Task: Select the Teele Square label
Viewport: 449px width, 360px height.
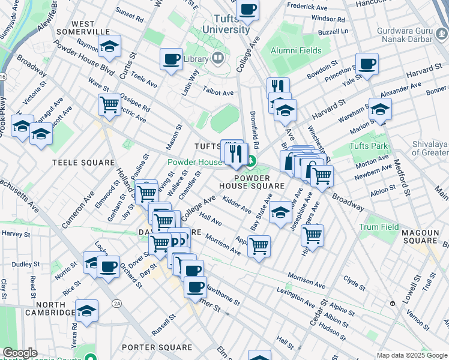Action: click(x=83, y=163)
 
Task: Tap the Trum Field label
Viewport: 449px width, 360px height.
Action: click(x=379, y=227)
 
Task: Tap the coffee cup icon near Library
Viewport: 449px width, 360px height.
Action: click(x=172, y=59)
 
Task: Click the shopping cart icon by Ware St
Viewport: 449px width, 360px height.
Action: click(x=109, y=104)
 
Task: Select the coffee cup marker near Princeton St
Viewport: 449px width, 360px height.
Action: click(x=367, y=64)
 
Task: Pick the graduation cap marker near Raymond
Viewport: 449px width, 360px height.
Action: click(x=109, y=46)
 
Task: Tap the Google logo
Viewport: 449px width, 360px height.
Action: click(x=20, y=353)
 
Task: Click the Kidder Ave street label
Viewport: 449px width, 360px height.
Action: click(x=237, y=204)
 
